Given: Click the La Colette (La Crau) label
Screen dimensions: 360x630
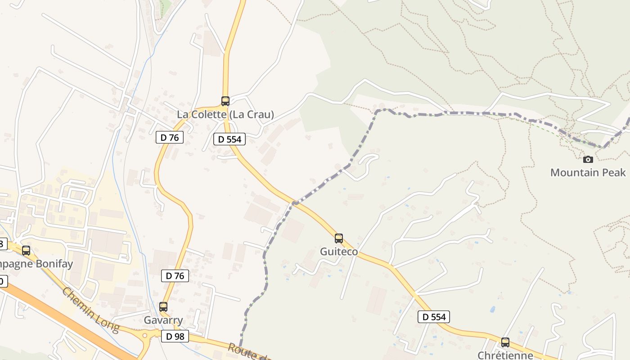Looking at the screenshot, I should click(x=225, y=114).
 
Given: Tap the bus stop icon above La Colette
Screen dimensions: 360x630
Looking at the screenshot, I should click(x=225, y=101).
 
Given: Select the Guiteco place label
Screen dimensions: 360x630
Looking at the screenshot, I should click(x=339, y=252).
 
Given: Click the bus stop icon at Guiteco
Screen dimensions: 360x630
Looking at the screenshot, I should click(x=339, y=238).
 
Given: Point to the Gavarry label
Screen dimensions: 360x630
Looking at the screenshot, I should click(x=163, y=320).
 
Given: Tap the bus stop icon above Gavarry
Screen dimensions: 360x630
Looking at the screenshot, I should click(x=163, y=307).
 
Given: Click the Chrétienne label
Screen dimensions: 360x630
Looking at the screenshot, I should click(x=505, y=355).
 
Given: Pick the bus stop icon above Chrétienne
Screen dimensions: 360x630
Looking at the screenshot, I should click(x=505, y=342).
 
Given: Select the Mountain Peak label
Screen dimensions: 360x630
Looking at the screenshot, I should click(x=588, y=172).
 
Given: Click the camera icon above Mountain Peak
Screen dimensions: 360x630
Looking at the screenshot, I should click(x=588, y=159).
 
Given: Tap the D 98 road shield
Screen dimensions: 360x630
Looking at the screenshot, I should click(x=175, y=336).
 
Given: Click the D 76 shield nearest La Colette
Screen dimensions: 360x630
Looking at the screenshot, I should click(x=170, y=137).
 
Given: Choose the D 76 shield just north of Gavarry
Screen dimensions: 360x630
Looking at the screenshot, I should click(x=175, y=275).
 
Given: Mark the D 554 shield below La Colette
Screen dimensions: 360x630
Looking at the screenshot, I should click(x=229, y=139).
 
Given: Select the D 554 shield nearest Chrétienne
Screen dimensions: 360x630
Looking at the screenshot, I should click(x=434, y=317).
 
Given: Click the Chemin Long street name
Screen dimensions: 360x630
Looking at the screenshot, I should click(x=90, y=310).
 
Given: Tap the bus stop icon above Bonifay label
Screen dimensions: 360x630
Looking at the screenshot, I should click(x=26, y=250).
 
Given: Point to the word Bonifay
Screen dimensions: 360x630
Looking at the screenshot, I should click(x=54, y=264).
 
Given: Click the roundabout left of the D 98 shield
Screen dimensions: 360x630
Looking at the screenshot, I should click(x=145, y=335).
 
